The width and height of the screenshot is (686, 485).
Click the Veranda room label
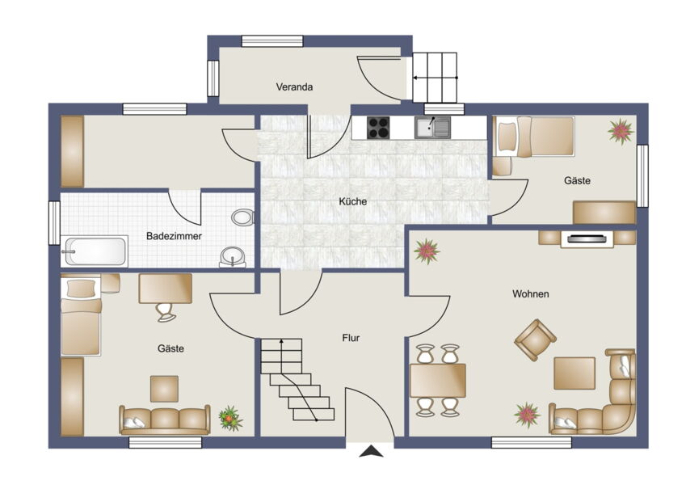click(x=294, y=86)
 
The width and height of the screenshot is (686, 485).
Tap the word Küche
click(x=352, y=201)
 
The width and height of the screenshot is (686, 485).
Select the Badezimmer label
click(x=174, y=236)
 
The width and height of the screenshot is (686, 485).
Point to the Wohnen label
click(x=531, y=293)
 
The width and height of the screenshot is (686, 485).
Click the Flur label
click(x=351, y=338)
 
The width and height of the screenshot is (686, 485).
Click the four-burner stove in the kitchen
click(x=378, y=128)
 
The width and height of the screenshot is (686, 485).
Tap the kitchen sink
click(x=432, y=128)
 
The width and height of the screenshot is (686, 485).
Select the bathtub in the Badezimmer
click(x=95, y=251)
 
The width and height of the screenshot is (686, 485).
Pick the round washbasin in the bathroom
click(x=233, y=256)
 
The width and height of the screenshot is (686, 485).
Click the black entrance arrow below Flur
click(x=371, y=451)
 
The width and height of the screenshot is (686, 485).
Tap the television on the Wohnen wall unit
click(x=587, y=238)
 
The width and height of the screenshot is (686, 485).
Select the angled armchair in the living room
click(x=535, y=339)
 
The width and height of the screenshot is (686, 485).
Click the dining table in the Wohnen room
click(x=437, y=380)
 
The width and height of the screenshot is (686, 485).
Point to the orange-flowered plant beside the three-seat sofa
click(x=230, y=418)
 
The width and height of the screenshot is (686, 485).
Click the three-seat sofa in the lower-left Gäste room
click(x=165, y=420)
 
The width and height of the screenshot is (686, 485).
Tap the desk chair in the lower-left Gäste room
click(x=166, y=312)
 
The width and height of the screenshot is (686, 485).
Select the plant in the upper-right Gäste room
click(x=621, y=130)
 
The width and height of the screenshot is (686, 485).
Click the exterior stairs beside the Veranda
click(x=436, y=78)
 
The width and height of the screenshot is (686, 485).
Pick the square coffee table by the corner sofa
click(x=574, y=373)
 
